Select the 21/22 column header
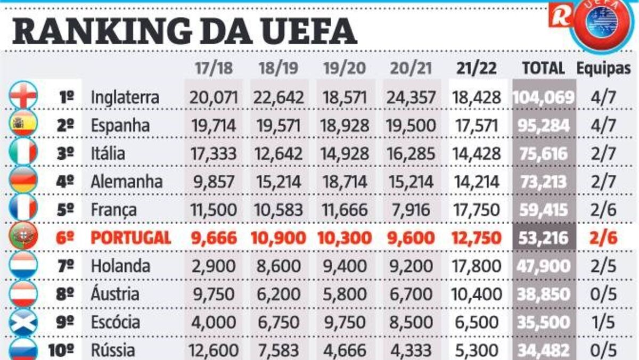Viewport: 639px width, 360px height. coord(476,68)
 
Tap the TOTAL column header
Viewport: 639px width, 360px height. coord(543,68)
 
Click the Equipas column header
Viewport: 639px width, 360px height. coord(603,68)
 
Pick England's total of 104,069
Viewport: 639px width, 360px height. coord(543,97)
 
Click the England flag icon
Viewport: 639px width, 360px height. coord(23,95)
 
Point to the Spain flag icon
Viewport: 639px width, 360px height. coord(23,124)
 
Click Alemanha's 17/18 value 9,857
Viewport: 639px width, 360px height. coord(212,182)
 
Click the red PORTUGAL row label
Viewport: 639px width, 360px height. coord(130,238)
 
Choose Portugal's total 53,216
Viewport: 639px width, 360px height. coord(543,238)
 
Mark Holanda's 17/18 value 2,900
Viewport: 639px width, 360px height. coord(212,266)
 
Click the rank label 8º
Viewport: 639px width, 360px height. coord(65,294)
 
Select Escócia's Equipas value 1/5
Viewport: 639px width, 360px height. coord(603,322)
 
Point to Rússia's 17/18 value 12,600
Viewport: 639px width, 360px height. coord(212,351)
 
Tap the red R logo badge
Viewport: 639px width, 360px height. coord(560,17)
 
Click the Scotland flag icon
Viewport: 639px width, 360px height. coord(23,321)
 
